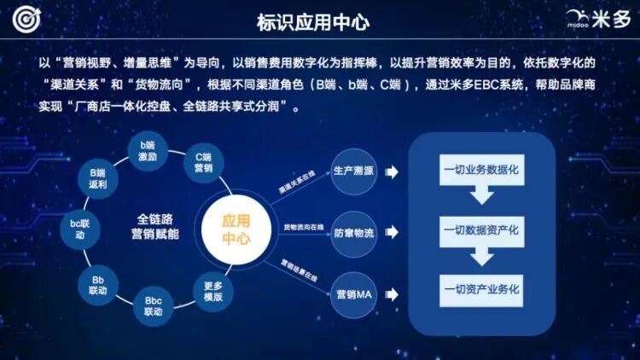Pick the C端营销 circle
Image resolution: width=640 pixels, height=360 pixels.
click(203, 162)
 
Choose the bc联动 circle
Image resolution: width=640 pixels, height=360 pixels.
click(79, 229)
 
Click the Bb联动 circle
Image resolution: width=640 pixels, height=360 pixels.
click(97, 285)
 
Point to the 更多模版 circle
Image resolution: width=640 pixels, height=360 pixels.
click(212, 291)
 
